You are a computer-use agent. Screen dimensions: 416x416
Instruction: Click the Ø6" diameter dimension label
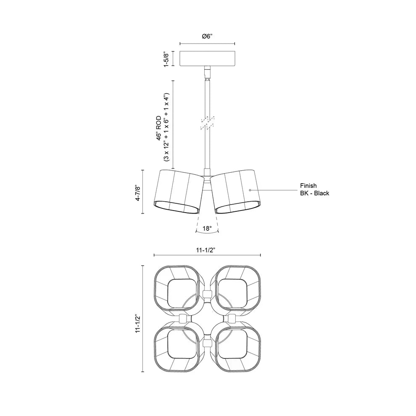[x=207, y=36]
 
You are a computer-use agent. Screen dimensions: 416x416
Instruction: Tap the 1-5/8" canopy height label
[x=166, y=59]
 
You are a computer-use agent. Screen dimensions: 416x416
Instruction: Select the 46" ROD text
[x=159, y=128]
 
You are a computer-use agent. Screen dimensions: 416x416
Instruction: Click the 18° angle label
[x=207, y=229]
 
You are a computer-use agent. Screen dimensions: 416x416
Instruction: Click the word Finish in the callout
[x=308, y=186]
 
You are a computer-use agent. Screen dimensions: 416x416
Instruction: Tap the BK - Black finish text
[x=315, y=193]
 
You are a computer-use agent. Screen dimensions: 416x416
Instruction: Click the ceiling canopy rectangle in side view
[x=207, y=58]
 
